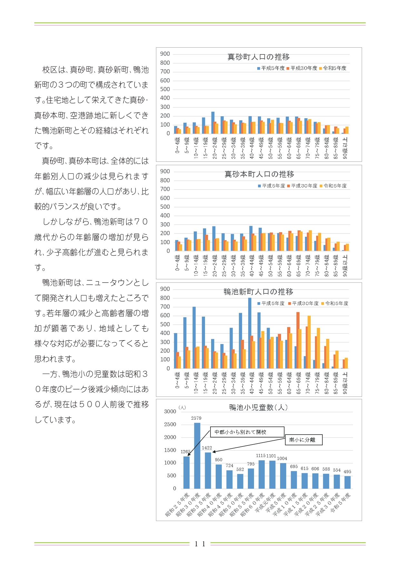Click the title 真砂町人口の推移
[259, 57]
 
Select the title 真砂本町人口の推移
[259, 174]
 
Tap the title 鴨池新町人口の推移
[259, 292]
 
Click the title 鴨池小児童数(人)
[259, 407]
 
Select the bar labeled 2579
[197, 455]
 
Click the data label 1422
[207, 448]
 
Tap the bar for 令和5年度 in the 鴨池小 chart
[347, 482]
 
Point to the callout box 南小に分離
[304, 440]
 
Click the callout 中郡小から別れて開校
[247, 432]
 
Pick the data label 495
[347, 472]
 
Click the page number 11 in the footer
[200, 544]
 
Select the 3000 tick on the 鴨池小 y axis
[170, 411]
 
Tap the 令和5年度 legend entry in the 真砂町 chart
[333, 68]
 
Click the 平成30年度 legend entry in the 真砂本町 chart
[302, 186]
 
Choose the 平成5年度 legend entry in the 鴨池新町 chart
[271, 303]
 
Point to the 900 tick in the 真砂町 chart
[165, 54]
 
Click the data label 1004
[282, 458]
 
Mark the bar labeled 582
[240, 481]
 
